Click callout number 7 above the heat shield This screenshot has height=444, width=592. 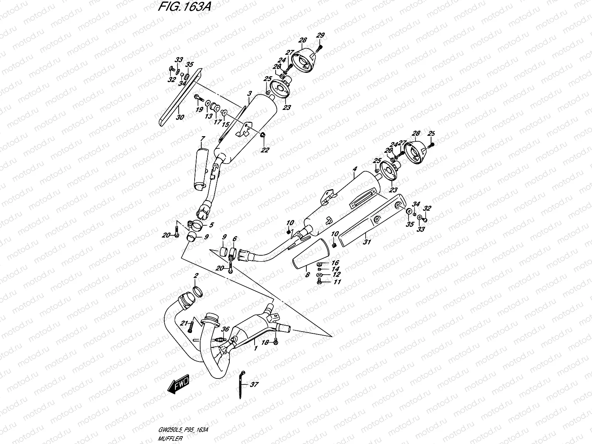pos(203,139)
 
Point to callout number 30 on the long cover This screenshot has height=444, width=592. pos(180,118)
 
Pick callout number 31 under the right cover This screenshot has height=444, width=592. pos(366,242)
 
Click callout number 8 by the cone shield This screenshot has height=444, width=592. pos(307,275)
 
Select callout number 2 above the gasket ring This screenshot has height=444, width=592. pos(196,276)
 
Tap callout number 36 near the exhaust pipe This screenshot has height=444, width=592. pos(225,329)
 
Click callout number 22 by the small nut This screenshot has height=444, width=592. pos(265,150)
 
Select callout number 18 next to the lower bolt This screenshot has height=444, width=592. pos(265,343)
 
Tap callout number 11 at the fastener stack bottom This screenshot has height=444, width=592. pos(337,282)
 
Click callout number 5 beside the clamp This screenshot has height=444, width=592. pos(211,225)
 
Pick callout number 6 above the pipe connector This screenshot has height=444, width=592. pos(235,239)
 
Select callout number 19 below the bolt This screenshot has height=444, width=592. pos(199,110)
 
